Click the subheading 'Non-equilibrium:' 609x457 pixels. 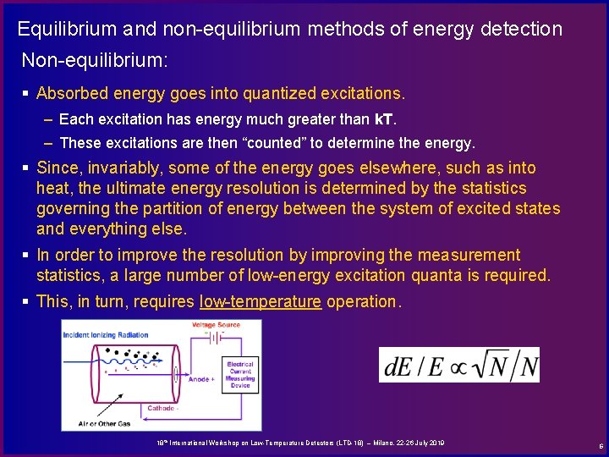coord(95,61)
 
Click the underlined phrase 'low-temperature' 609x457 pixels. coord(261,302)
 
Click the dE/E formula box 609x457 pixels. coord(458,365)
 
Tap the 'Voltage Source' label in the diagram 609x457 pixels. coord(216,325)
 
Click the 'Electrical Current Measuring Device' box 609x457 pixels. coord(240,374)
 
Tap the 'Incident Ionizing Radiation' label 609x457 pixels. coord(106,335)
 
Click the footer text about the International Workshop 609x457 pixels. coord(300,443)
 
